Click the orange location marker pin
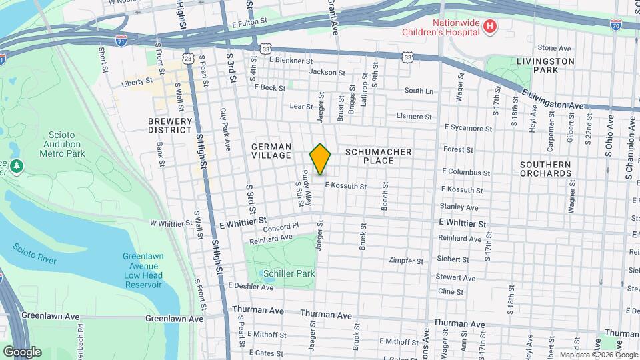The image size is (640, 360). tap(321, 159)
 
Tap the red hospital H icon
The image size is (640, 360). tap(491, 26)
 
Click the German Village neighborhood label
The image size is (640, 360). tap(271, 151)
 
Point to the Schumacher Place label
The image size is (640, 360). tap(379, 157)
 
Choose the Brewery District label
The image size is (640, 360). tap(170, 125)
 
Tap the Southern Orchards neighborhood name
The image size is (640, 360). tap(546, 169)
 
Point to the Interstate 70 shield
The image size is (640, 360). tap(616, 23)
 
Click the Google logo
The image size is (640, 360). tap(21, 352)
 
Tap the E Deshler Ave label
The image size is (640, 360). tap(250, 287)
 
